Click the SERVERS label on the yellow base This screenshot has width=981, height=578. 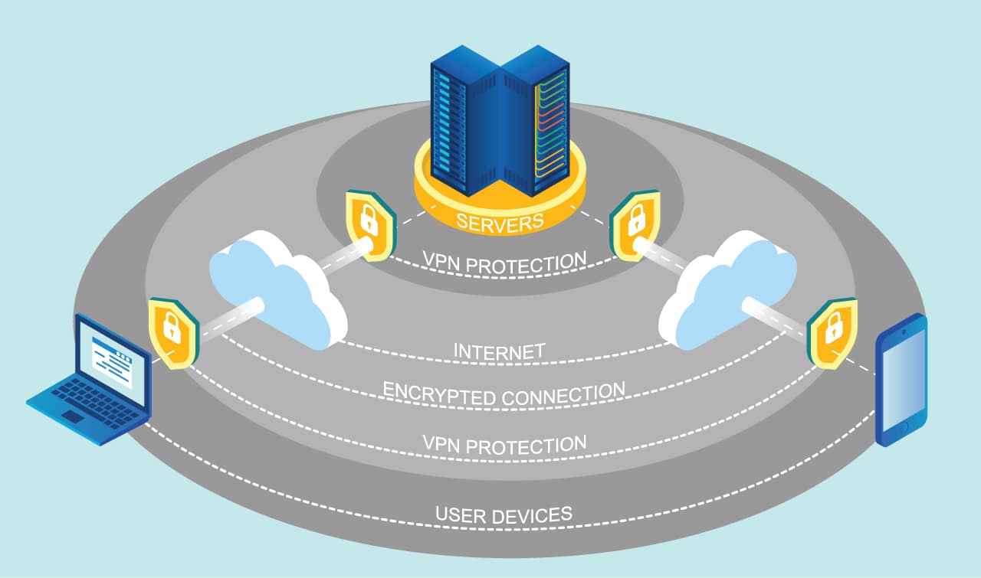[500, 222]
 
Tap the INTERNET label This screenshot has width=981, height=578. [500, 352]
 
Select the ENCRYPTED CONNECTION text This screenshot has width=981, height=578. [504, 393]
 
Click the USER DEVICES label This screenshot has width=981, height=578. [504, 514]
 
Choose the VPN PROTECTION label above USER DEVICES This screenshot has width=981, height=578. [504, 443]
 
